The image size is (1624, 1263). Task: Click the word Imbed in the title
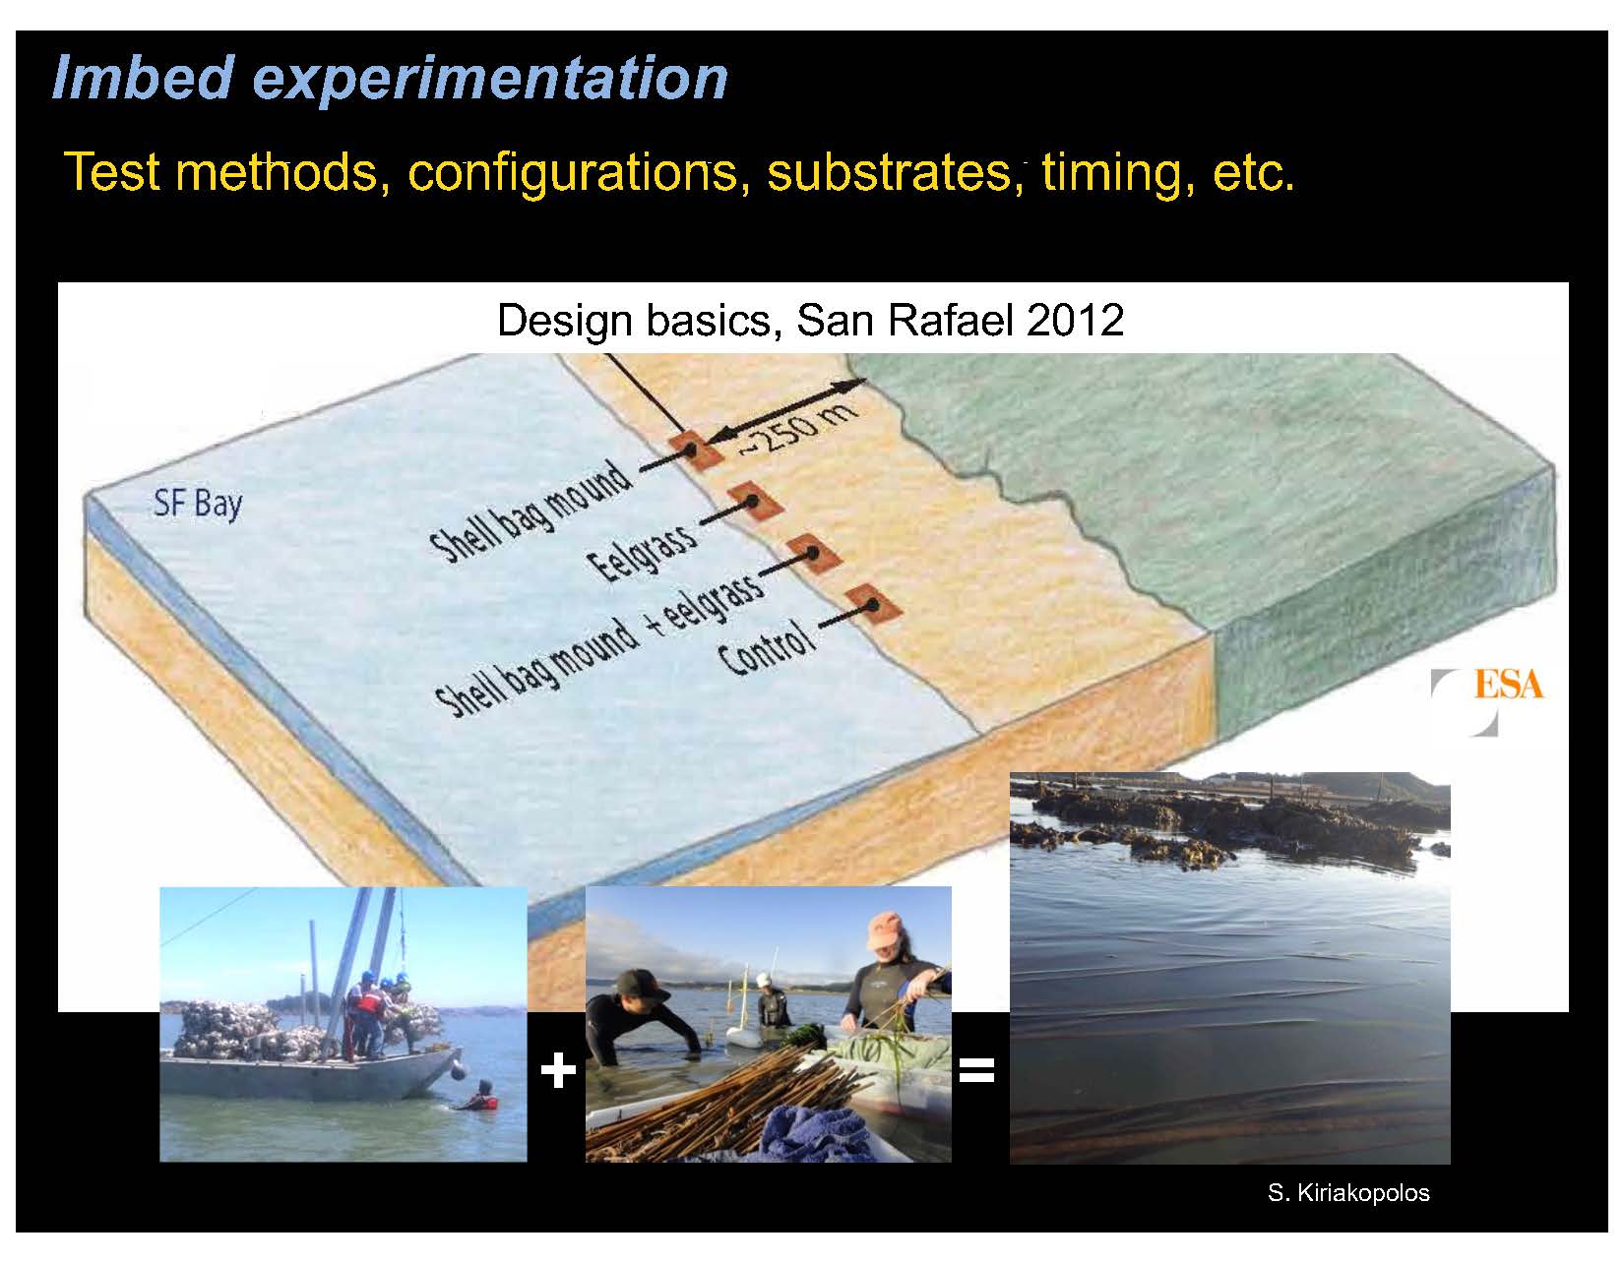tap(143, 77)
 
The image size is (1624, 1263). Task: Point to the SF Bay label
tap(198, 505)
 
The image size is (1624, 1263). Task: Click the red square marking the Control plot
tap(873, 604)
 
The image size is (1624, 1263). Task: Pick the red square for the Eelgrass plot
tap(755, 501)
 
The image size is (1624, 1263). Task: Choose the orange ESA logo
tap(1509, 685)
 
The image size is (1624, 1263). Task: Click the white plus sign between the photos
tap(557, 1070)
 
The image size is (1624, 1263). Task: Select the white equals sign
tap(976, 1070)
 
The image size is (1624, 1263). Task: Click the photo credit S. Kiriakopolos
tap(1348, 1193)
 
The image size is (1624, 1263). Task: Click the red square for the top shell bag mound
tap(695, 450)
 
